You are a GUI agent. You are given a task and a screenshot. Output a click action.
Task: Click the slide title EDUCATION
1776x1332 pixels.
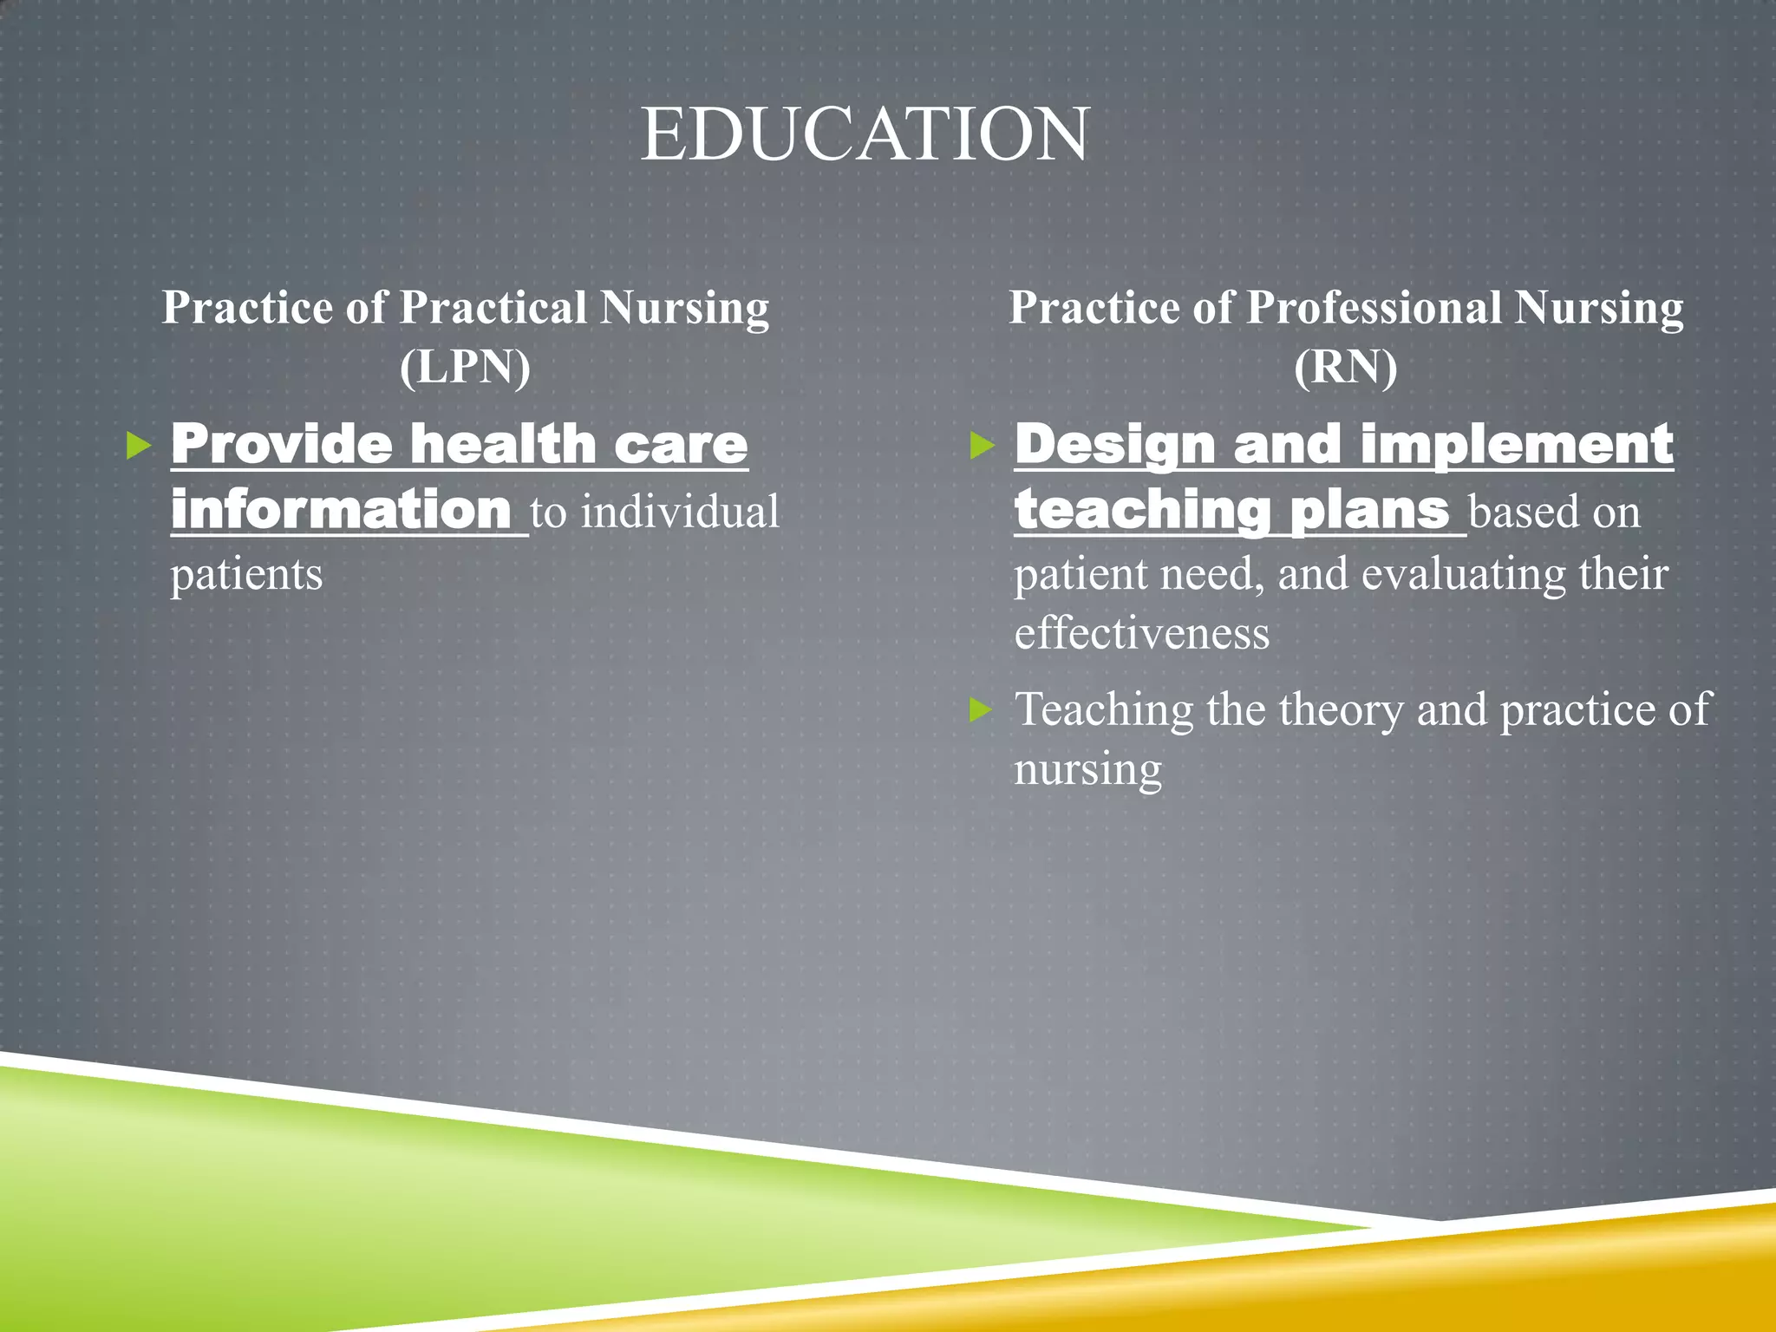[865, 134]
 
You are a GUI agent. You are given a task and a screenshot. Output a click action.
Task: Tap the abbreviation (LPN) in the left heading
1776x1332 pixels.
[465, 367]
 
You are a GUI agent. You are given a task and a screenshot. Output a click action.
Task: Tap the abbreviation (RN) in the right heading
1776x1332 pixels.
[1345, 367]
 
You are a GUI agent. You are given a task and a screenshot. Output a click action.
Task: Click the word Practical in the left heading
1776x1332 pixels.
[493, 308]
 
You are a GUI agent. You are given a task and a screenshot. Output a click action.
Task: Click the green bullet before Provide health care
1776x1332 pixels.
[138, 447]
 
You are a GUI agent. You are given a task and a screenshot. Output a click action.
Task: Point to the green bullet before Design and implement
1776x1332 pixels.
[982, 447]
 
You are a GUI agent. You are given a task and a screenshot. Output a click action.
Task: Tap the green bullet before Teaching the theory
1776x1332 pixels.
[981, 711]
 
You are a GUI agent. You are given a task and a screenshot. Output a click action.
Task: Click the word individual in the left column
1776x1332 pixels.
[680, 512]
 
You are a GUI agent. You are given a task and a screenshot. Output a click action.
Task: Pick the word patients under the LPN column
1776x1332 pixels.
[246, 574]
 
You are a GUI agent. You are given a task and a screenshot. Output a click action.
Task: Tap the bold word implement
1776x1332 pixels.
[1517, 445]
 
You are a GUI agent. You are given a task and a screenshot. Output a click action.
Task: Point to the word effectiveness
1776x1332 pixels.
[1141, 633]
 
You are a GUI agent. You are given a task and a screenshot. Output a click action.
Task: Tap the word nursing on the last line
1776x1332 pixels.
[1087, 769]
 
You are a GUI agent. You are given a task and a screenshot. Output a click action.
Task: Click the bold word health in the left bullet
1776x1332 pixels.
[502, 445]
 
